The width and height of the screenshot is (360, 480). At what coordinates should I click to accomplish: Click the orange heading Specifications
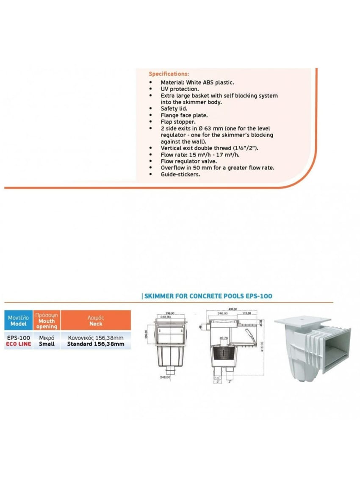click(x=169, y=74)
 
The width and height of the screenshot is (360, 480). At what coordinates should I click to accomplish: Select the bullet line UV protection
click(x=180, y=89)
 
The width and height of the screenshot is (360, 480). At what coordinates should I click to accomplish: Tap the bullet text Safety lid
click(x=174, y=108)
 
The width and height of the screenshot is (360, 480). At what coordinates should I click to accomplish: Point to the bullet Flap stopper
click(x=178, y=122)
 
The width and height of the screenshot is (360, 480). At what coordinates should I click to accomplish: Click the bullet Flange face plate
click(x=184, y=115)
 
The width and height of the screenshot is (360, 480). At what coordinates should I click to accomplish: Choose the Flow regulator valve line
click(x=189, y=161)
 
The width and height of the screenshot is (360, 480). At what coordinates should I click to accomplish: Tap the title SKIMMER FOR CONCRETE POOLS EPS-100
click(x=208, y=296)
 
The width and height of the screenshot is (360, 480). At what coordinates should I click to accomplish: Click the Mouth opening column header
click(x=47, y=321)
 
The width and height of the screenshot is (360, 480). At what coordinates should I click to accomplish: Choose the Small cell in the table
click(x=47, y=344)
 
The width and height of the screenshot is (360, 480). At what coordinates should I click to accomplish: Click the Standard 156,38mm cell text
click(x=96, y=344)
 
